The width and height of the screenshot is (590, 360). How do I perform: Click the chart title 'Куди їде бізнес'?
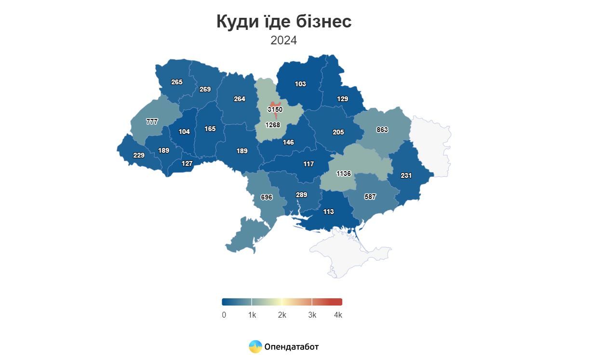(x=283, y=22)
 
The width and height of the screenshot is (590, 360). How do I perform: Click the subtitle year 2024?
(x=283, y=40)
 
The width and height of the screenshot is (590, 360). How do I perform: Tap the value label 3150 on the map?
(x=275, y=110)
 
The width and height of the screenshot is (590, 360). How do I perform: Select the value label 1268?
(x=272, y=125)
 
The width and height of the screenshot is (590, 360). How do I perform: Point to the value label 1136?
(x=344, y=173)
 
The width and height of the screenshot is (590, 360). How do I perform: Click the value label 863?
(x=382, y=130)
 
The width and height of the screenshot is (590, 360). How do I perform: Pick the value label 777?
(x=152, y=122)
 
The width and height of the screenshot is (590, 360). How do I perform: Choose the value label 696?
(x=267, y=197)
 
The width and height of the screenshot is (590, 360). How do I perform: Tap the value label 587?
(x=370, y=197)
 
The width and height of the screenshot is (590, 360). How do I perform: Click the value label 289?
(x=301, y=195)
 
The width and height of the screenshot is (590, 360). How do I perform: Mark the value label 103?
(x=300, y=84)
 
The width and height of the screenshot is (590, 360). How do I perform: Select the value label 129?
(x=342, y=99)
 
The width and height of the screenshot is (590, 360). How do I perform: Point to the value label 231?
(x=406, y=175)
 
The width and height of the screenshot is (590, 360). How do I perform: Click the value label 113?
(x=328, y=212)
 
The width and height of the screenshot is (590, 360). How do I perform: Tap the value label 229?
(x=139, y=155)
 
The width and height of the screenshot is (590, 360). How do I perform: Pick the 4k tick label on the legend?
(x=338, y=315)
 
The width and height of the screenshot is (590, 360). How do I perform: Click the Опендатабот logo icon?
(x=255, y=347)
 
